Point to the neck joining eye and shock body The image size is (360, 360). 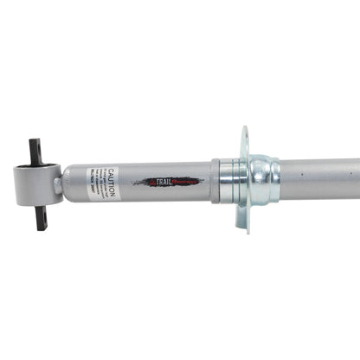click(61, 183)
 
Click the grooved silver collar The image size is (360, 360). click(228, 181)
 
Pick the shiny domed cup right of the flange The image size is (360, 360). click(263, 179)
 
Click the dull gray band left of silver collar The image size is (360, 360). click(215, 181)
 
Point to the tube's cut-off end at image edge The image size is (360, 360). click(357, 177)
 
